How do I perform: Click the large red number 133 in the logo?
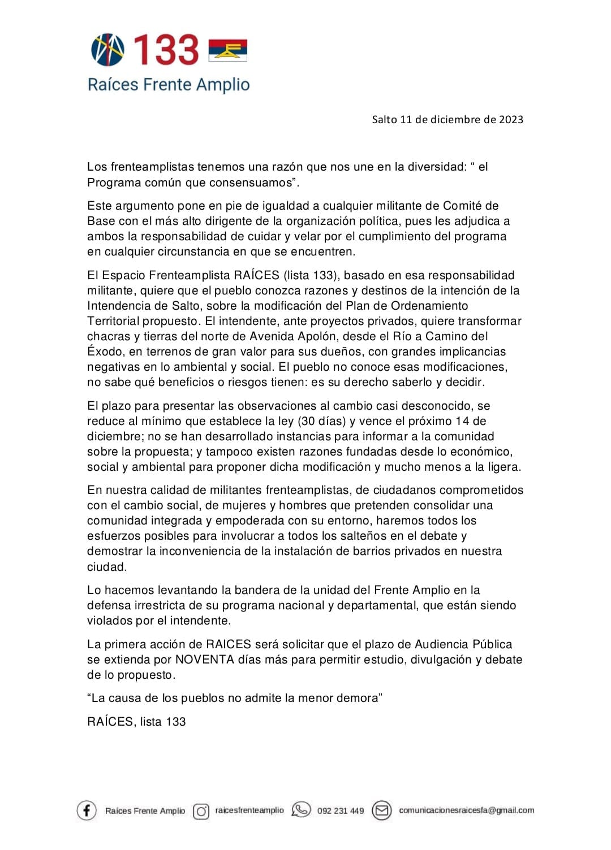click(x=166, y=49)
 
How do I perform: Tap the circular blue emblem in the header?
click(x=107, y=50)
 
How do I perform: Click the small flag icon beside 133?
click(x=228, y=50)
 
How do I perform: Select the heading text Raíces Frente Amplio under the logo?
click(x=169, y=85)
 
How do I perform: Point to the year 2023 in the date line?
click(x=511, y=119)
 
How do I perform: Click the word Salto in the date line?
click(x=384, y=119)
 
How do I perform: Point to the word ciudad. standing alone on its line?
click(x=107, y=567)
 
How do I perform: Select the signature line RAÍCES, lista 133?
click(x=136, y=722)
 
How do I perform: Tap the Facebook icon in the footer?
click(x=87, y=810)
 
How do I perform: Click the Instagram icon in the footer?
click(x=201, y=811)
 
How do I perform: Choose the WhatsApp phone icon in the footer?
click(x=301, y=810)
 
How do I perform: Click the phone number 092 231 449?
click(x=341, y=811)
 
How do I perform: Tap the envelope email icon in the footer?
click(x=382, y=810)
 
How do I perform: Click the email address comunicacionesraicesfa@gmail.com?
click(x=466, y=810)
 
